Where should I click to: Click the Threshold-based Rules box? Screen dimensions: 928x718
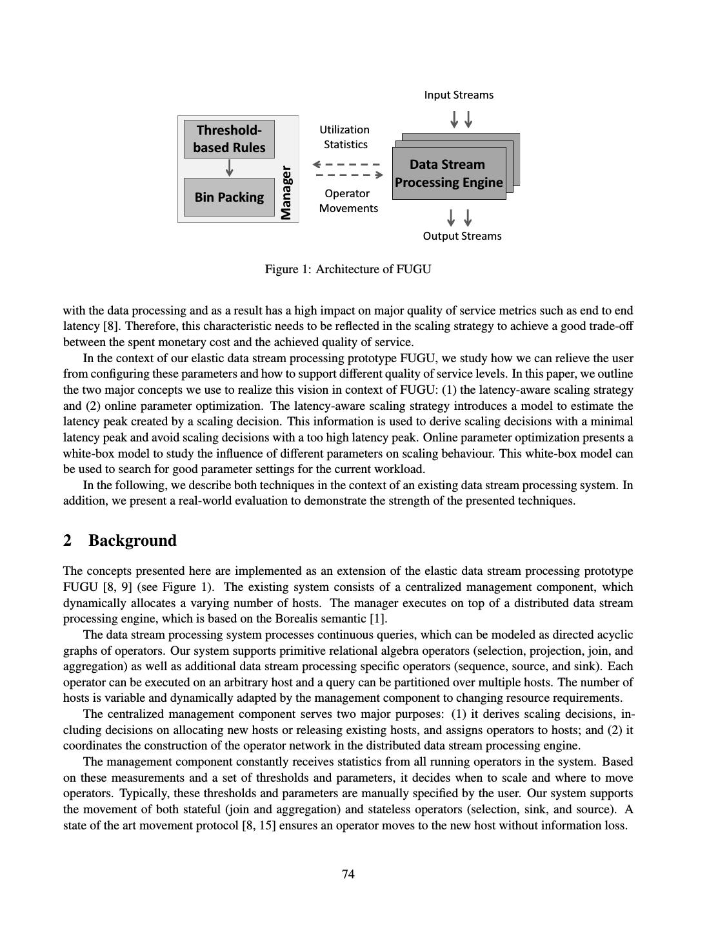pos(229,139)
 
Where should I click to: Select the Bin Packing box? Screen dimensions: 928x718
pos(229,197)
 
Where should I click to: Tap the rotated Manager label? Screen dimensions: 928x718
pos(286,193)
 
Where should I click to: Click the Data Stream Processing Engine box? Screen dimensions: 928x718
pos(448,173)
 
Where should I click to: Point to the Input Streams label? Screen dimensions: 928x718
pos(459,95)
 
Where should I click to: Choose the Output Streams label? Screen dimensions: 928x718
pos(462,236)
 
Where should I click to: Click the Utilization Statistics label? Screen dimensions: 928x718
pos(345,137)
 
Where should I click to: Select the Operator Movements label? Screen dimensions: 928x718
pos(348,201)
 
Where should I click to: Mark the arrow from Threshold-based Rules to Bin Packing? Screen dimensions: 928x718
pos(229,168)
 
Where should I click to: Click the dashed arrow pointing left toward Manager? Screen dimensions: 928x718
pos(346,164)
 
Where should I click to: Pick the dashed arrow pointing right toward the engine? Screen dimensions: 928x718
pos(350,175)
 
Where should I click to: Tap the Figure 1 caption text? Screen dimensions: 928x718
pos(348,269)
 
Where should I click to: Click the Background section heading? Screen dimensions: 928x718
pos(132,541)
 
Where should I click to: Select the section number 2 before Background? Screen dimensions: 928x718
pos(68,541)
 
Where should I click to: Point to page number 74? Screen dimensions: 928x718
pos(348,875)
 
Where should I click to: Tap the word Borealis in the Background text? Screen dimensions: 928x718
pos(294,619)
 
